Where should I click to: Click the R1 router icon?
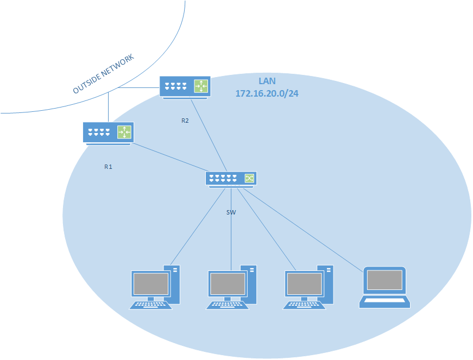[108, 132]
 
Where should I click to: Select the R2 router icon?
[184, 86]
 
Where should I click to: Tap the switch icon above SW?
[231, 178]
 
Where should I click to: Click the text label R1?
[108, 167]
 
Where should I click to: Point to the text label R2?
[185, 121]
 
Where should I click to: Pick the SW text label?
[231, 212]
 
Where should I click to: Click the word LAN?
[267, 81]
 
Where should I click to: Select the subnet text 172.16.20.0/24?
[267, 93]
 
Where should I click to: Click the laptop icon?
[385, 288]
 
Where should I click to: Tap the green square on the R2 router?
[201, 86]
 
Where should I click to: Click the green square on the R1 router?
[125, 132]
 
